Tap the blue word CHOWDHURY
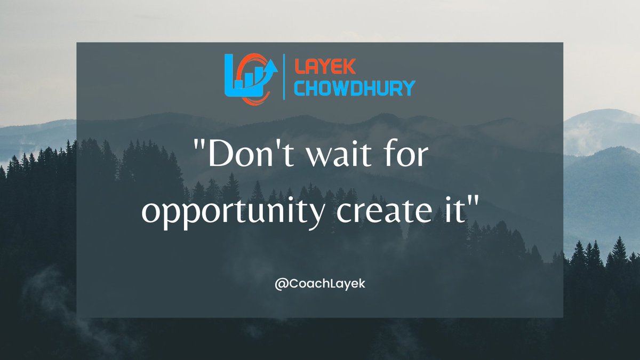point(355,87)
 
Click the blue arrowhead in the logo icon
point(271,66)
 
